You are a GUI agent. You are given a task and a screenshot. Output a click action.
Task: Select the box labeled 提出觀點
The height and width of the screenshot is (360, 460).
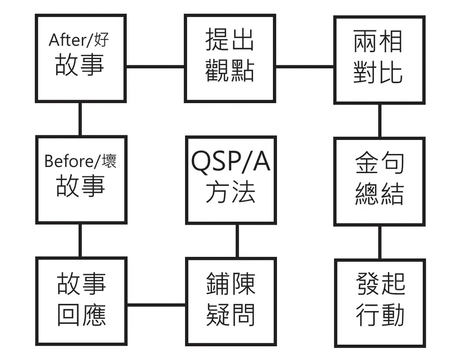229,58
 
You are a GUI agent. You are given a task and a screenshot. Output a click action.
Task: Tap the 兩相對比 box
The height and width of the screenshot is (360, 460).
379,59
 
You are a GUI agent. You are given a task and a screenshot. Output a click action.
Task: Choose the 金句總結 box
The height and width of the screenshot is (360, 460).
379,181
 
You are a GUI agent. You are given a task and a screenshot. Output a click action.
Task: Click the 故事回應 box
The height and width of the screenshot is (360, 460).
81,301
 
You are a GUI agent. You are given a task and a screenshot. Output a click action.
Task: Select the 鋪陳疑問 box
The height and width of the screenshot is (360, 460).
231,301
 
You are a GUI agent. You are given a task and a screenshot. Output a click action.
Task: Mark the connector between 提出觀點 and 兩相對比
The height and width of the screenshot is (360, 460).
305,66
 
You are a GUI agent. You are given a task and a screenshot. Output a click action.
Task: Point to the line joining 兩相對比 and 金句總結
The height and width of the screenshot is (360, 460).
379,121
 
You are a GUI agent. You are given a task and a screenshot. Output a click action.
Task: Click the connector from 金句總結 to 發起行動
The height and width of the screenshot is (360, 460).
379,242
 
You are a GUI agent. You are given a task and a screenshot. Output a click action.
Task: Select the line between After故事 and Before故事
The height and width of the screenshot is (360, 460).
80,119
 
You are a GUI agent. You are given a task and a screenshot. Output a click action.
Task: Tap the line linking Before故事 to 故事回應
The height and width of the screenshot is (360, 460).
80,240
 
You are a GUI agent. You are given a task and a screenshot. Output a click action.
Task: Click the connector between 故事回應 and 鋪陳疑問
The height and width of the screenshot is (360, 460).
156,305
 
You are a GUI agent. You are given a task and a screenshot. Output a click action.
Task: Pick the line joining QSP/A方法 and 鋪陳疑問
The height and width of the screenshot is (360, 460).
237,241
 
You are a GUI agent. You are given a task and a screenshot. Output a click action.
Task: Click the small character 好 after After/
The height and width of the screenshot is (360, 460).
102,40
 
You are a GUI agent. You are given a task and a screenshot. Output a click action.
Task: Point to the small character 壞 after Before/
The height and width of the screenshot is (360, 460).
109,161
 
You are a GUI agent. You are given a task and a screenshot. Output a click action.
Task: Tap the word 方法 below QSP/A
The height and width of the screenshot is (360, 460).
231,194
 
